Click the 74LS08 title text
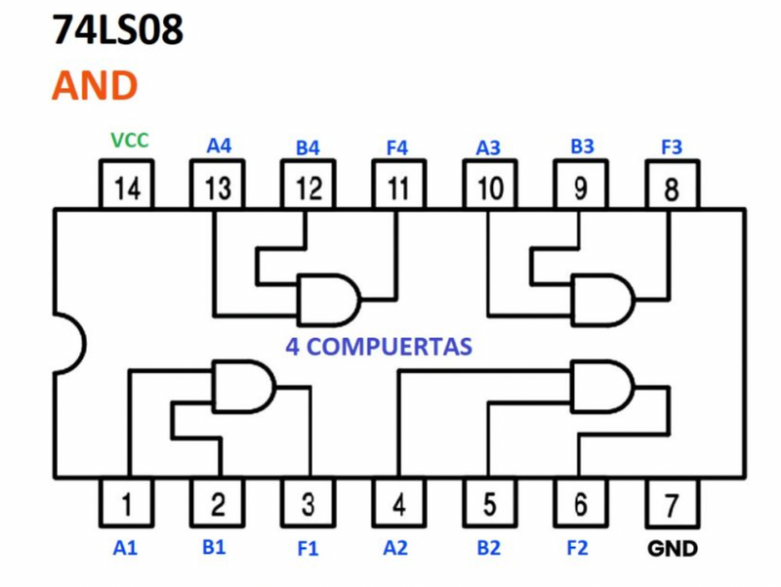(117, 31)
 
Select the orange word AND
(95, 86)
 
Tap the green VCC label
(129, 140)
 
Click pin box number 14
(128, 186)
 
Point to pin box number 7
(671, 504)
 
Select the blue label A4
(219, 147)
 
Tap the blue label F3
(672, 147)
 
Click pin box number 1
(126, 504)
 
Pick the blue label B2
(488, 548)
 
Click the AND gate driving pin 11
(328, 299)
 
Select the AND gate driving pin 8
(601, 299)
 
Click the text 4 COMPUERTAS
(379, 346)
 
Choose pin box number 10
(490, 186)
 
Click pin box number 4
(398, 504)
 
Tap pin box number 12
(308, 186)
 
